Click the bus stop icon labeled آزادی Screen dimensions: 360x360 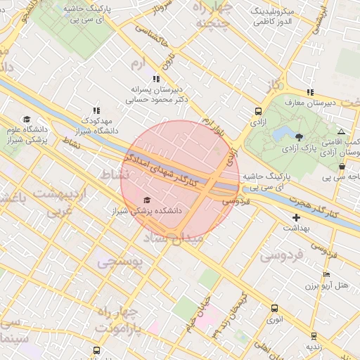tap(258, 111)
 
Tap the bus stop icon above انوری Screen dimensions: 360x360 tap(274, 308)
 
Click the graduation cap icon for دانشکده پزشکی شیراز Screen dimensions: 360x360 tap(147, 200)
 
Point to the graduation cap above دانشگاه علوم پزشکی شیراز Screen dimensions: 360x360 tap(27, 119)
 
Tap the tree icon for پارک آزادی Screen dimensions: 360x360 tap(300, 136)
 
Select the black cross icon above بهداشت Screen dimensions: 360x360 tap(296, 218)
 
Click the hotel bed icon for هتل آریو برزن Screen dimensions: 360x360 tap(326, 275)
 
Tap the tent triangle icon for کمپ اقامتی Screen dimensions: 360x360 tap(341, 131)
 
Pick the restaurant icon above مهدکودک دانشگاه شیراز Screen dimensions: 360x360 tap(96, 110)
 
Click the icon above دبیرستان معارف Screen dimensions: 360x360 tap(310, 92)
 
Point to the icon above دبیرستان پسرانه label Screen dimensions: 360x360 tap(155, 79)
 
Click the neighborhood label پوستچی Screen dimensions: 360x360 tap(119, 262)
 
